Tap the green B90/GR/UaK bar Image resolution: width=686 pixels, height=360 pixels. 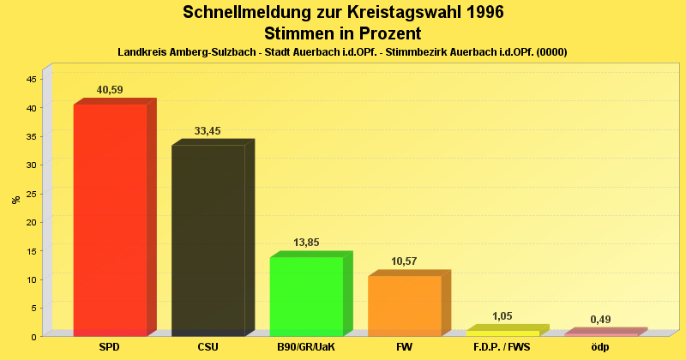(x=306, y=296)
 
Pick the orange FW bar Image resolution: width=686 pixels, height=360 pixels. (x=404, y=305)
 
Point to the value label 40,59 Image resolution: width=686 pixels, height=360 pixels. (x=110, y=90)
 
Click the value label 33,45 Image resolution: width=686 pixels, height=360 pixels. (x=208, y=131)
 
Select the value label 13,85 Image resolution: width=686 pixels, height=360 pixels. (x=306, y=243)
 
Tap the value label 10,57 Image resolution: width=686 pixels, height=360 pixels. (x=404, y=261)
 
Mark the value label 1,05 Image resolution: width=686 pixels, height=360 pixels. (x=502, y=316)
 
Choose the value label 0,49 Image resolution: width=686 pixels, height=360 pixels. (x=600, y=320)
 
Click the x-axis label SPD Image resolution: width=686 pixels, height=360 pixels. (x=109, y=348)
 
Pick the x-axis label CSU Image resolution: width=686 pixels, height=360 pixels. (x=208, y=348)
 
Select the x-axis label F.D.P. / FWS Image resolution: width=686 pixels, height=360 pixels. (x=502, y=348)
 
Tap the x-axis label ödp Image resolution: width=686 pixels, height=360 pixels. (x=600, y=348)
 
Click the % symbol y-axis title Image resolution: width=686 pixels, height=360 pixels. (x=15, y=200)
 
